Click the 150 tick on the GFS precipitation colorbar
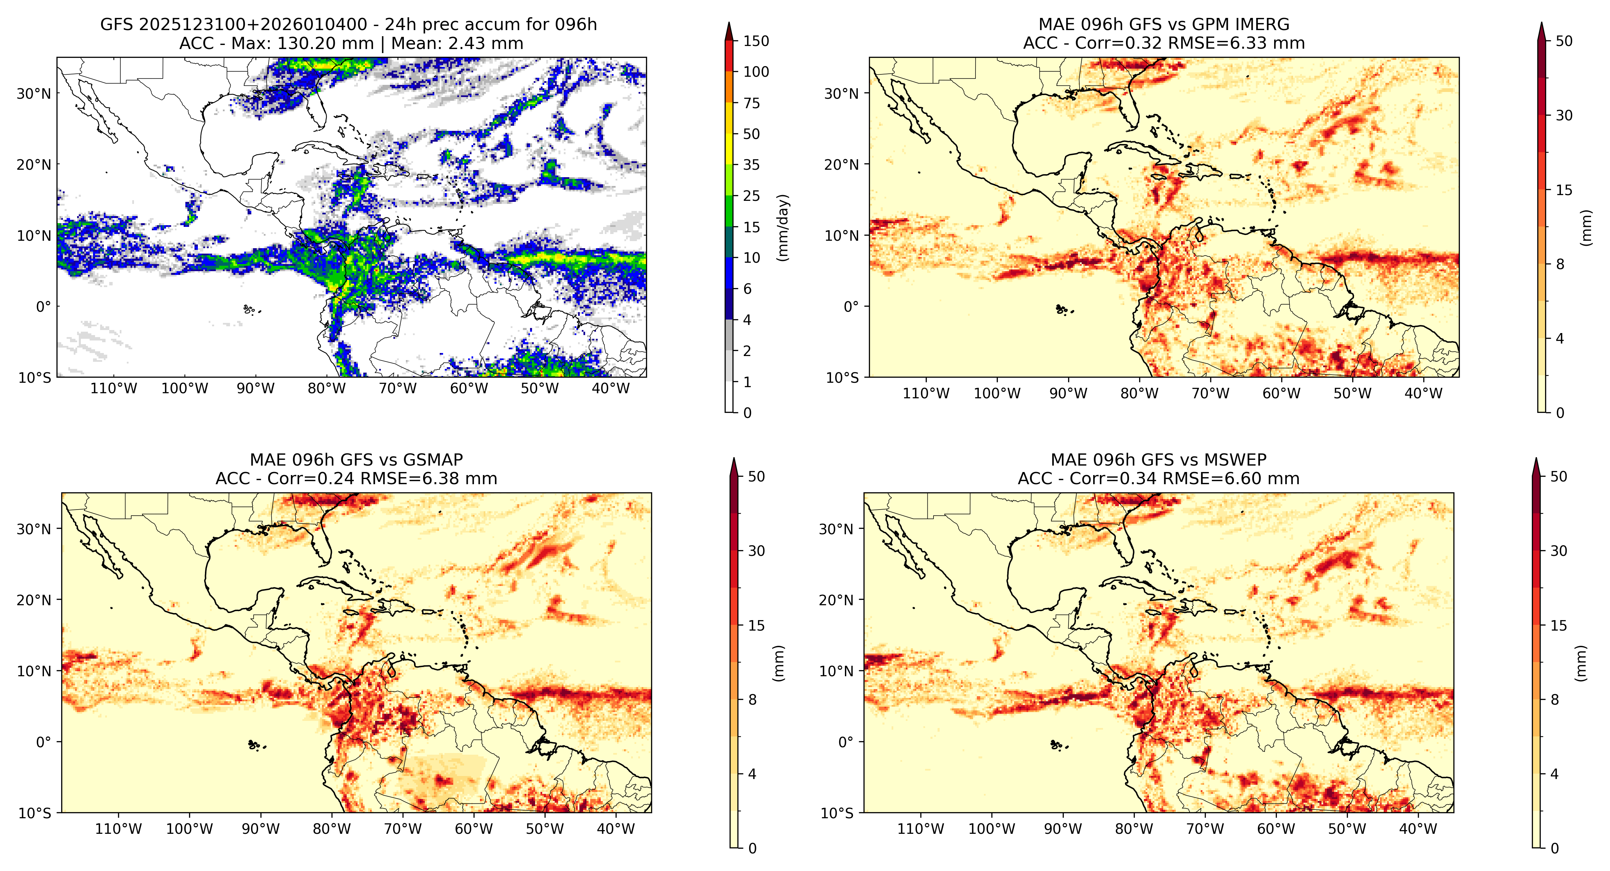point(756,41)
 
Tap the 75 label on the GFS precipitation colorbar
point(751,103)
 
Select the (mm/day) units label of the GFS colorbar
point(782,228)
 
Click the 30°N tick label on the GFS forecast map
point(34,94)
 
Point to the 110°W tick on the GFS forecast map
point(114,389)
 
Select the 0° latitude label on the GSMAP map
point(44,742)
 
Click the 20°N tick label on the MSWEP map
point(836,600)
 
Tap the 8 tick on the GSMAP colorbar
point(753,700)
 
